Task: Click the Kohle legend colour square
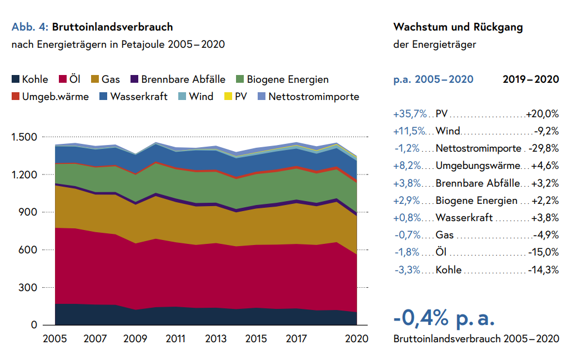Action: coord(17,79)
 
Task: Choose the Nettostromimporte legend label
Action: coord(314,97)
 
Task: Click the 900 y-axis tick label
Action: coord(28,212)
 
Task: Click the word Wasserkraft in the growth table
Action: coord(464,218)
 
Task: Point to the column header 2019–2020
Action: coord(530,79)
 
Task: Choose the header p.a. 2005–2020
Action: coord(433,79)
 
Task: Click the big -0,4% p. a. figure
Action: coord(444,318)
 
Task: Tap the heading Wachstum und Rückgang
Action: coord(458,27)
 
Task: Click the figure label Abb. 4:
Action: coord(30,27)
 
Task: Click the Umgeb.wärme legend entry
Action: coord(56,97)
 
